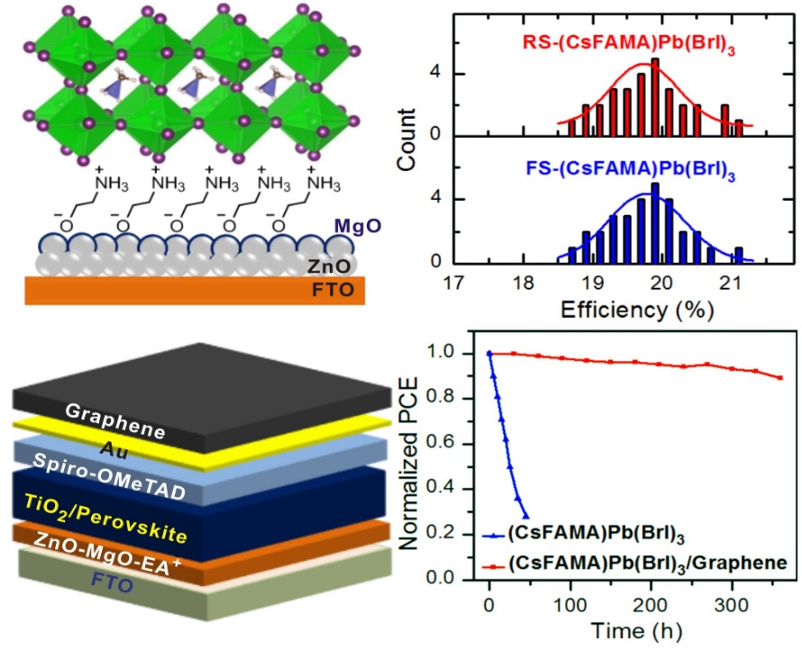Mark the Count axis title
408,137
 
